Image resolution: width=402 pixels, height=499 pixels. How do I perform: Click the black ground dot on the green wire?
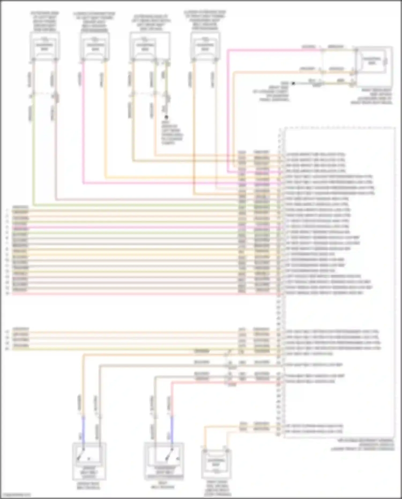pyautogui.click(x=166, y=117)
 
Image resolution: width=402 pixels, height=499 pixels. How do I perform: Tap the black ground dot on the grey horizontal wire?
pyautogui.click(x=293, y=83)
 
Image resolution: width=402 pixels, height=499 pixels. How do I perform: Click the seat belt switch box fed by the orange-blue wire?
pyautogui.click(x=89, y=461)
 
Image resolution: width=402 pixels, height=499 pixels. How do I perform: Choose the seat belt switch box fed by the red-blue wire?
pyautogui.click(x=164, y=461)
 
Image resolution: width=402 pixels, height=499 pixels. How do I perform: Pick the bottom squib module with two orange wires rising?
pyautogui.click(x=216, y=464)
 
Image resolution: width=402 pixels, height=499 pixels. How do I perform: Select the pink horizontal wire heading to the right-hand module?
pyautogui.click(x=273, y=49)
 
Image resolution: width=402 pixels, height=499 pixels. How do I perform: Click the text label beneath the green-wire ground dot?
pyautogui.click(x=172, y=133)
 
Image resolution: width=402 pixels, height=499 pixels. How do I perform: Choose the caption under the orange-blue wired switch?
pyautogui.click(x=88, y=486)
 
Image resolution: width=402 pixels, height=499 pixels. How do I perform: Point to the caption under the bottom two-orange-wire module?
pyautogui.click(x=217, y=489)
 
